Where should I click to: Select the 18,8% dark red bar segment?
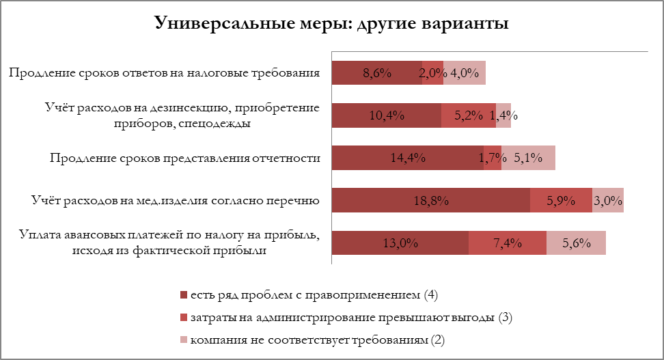[430, 201]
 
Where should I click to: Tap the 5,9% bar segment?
[561, 201]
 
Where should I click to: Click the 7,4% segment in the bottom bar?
[507, 243]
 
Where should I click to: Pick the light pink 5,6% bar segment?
[576, 243]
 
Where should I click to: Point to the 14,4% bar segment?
[407, 158]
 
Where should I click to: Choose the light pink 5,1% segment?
[528, 158]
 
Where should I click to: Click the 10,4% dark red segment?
[386, 115]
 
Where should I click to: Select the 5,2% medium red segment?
[468, 115]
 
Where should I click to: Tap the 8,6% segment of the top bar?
[376, 73]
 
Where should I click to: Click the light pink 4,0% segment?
[465, 73]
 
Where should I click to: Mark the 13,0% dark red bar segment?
[400, 243]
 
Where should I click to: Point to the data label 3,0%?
[607, 201]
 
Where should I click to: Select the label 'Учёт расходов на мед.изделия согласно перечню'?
[176, 201]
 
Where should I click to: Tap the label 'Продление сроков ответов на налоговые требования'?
[165, 73]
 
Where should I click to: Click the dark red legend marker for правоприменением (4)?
[183, 295]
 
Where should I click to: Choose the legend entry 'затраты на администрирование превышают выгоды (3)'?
[351, 318]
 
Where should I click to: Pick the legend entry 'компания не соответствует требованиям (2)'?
[321, 340]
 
